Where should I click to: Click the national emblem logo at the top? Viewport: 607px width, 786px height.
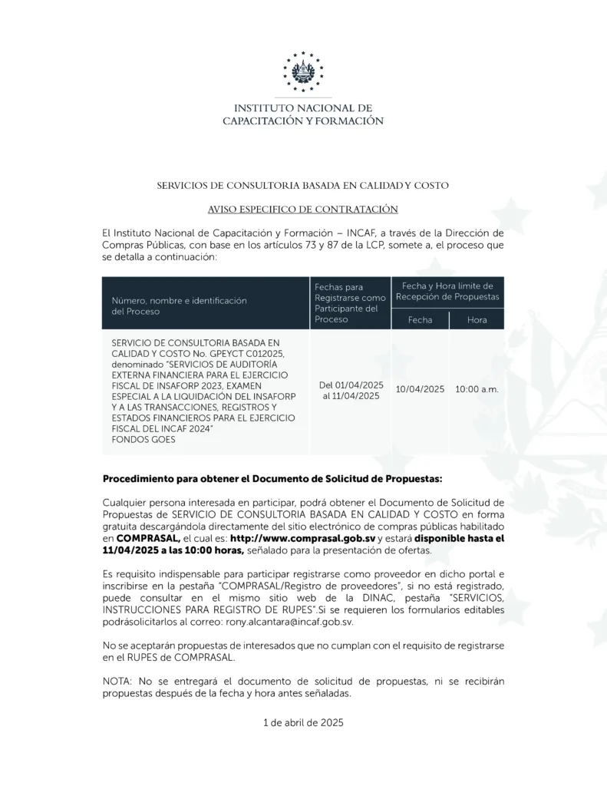303,72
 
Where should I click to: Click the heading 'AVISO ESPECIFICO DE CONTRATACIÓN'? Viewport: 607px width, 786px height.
303,209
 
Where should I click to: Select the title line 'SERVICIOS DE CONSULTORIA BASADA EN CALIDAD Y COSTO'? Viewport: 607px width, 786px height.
303,186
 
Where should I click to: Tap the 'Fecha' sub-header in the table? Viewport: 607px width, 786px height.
420,319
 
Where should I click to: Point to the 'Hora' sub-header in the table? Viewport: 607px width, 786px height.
477,319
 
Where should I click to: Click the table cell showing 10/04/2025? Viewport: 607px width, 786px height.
420,389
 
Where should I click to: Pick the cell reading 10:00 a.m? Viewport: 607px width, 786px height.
477,389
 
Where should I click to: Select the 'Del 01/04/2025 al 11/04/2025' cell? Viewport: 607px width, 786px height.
351,390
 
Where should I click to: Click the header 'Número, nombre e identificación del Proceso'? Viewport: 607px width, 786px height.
180,306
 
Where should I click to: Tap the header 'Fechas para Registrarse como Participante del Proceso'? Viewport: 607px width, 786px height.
350,302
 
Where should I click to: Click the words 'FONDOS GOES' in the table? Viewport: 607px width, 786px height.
144,440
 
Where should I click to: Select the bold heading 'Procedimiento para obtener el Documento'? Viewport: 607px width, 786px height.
272,478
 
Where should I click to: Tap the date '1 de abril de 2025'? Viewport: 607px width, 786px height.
303,723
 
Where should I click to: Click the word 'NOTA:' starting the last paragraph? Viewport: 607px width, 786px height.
118,682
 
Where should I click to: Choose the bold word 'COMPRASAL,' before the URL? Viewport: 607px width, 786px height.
148,539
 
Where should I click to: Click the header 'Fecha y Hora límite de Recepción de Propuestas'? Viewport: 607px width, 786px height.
447,291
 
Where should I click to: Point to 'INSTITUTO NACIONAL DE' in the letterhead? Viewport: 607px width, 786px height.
303,108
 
